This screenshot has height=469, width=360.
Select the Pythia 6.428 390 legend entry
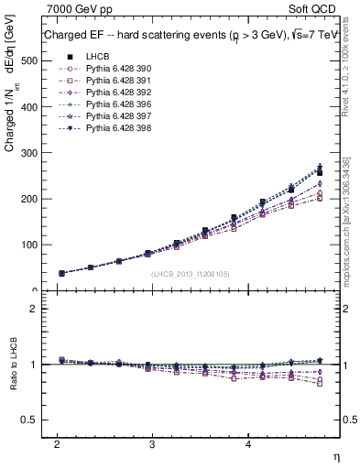[113, 69]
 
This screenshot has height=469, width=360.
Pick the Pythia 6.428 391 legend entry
[113, 81]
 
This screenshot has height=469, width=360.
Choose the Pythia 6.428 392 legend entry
[113, 93]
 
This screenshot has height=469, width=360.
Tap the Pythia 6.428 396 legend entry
[113, 104]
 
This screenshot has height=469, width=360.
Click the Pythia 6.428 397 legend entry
[113, 116]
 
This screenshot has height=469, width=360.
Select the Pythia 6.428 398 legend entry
[113, 128]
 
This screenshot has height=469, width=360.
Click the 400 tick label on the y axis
[27, 106]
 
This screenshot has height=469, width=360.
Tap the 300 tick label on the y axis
[27, 153]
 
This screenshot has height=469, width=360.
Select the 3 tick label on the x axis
[152, 443]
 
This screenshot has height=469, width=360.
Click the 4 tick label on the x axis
[248, 443]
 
